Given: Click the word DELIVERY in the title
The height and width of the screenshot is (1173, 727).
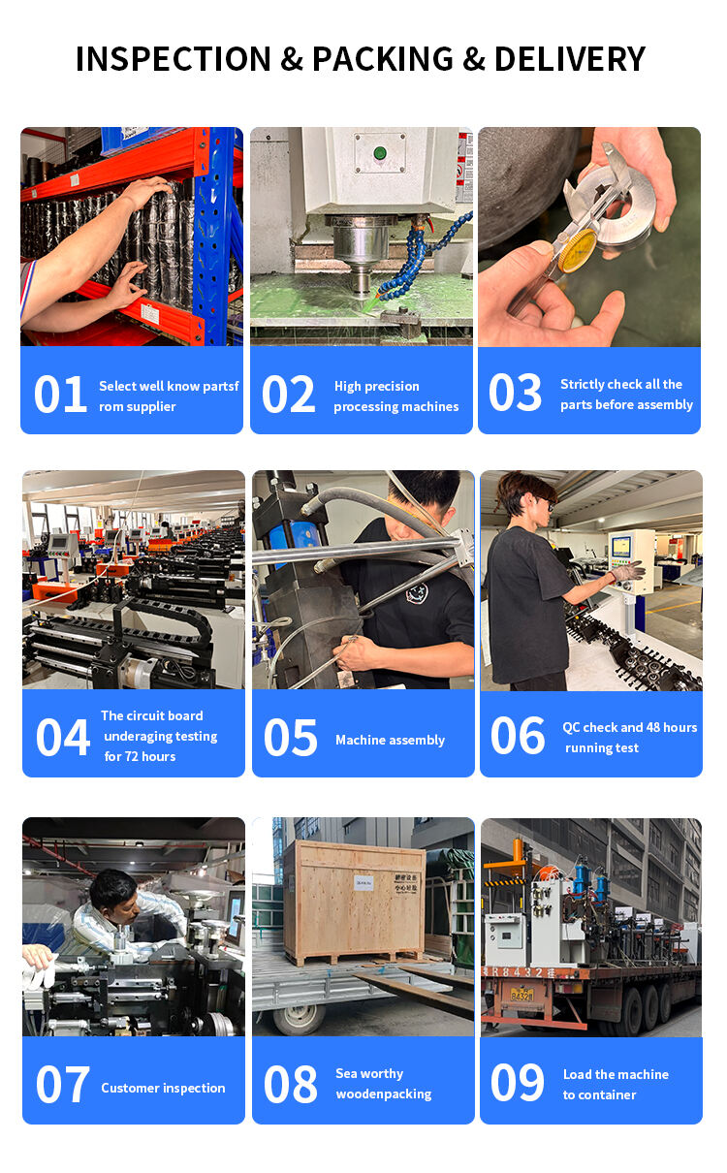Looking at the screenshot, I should tap(569, 59).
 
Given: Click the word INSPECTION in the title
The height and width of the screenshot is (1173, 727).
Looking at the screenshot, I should tap(174, 59).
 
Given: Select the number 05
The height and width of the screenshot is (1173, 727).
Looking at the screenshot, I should tap(291, 738).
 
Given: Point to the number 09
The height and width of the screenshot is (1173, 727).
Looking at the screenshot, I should tap(518, 1083).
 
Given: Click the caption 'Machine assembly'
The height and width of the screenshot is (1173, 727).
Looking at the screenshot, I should tap(390, 740).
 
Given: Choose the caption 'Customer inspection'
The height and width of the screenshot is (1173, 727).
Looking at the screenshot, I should tap(163, 1088).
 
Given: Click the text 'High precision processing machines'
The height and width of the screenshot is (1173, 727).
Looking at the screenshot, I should tap(395, 396).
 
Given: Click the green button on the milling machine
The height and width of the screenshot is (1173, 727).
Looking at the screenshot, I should tap(380, 152).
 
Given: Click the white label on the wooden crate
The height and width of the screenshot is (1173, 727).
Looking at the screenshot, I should tap(363, 881).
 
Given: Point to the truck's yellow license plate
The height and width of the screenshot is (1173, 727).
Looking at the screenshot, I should tap(522, 994).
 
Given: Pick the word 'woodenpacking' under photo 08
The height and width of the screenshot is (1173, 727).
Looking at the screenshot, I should tap(384, 1094).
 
